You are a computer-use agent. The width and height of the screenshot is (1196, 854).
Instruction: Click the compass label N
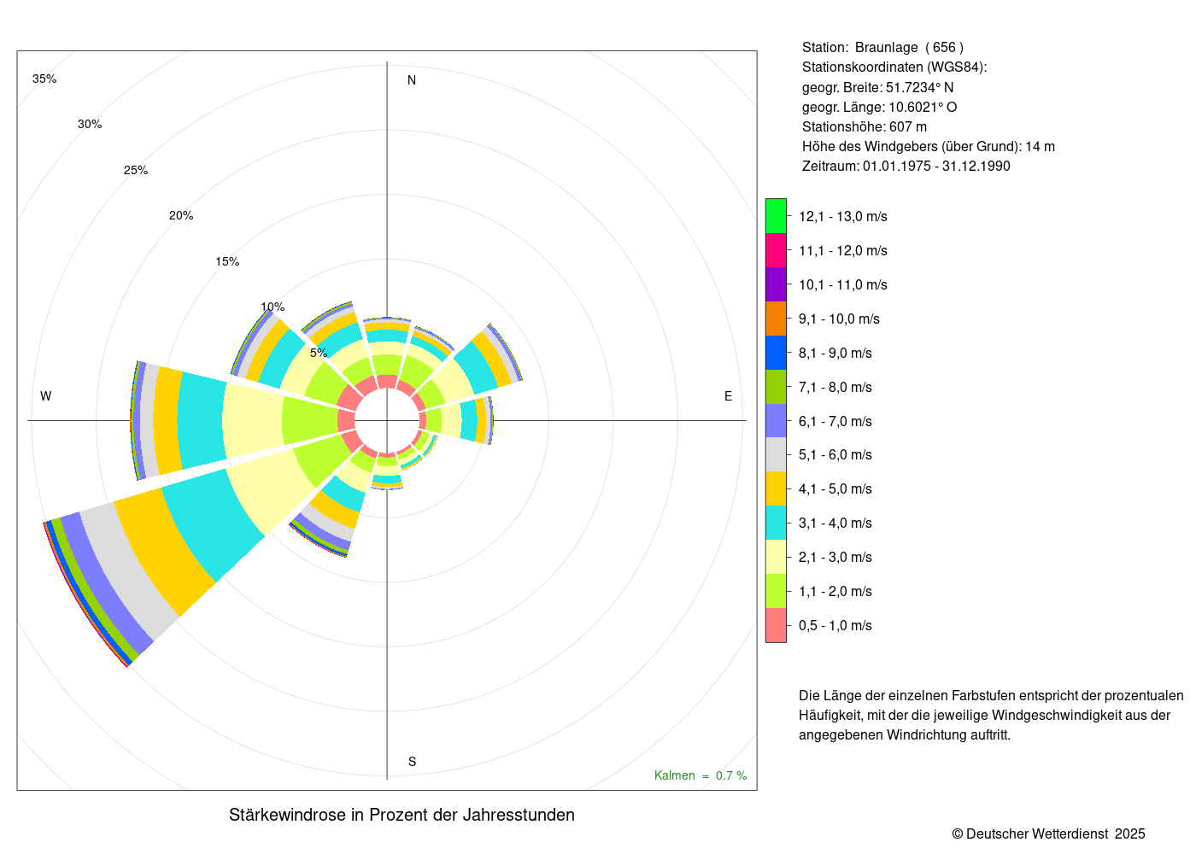click(x=412, y=80)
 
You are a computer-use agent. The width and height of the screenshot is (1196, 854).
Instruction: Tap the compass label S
click(x=412, y=762)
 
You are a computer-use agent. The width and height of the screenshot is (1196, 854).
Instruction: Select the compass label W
click(x=46, y=396)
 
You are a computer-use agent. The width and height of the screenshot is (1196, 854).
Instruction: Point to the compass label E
click(x=728, y=396)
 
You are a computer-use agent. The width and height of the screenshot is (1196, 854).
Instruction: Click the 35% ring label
click(x=44, y=79)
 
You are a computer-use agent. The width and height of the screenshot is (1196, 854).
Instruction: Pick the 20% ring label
click(x=181, y=216)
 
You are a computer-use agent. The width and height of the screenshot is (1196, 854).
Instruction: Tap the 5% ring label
click(x=319, y=353)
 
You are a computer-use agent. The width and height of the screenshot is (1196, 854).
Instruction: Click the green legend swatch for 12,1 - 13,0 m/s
click(x=776, y=216)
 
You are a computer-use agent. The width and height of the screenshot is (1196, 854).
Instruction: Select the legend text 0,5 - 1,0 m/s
click(x=835, y=626)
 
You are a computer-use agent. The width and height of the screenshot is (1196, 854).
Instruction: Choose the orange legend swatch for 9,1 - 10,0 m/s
click(x=776, y=319)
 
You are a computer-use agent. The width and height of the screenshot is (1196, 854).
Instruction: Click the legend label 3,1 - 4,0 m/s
click(x=835, y=524)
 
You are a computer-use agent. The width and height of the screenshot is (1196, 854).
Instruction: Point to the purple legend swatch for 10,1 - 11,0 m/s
click(x=776, y=284)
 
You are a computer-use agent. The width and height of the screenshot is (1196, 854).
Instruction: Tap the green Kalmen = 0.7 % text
click(x=700, y=775)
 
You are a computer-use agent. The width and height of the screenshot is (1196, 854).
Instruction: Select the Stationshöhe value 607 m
click(x=908, y=127)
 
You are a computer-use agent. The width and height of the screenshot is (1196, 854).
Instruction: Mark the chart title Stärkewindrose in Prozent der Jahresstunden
click(x=402, y=815)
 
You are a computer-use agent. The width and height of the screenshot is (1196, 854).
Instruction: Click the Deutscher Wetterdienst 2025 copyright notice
click(x=1048, y=834)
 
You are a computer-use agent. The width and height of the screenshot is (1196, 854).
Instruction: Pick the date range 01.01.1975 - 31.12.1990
click(x=936, y=167)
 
